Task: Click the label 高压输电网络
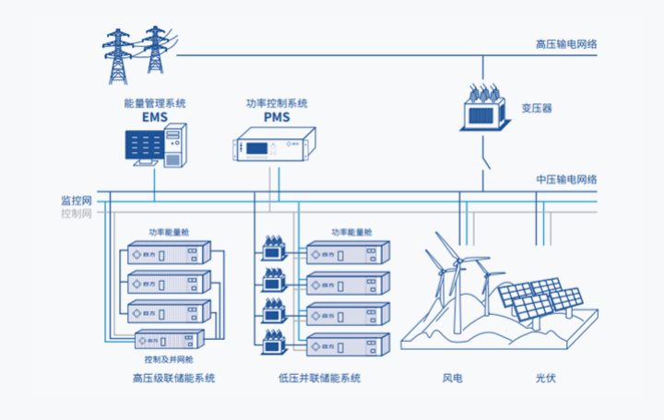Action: coord(565,43)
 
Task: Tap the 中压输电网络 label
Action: coord(566,179)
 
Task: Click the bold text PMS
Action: coord(277,118)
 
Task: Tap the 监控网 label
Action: coord(77,200)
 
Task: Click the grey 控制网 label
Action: coord(77,214)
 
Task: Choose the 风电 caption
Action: coord(452,379)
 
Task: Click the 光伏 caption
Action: coord(546,379)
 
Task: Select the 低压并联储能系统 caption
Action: coord(319,379)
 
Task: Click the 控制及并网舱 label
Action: coord(169,359)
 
